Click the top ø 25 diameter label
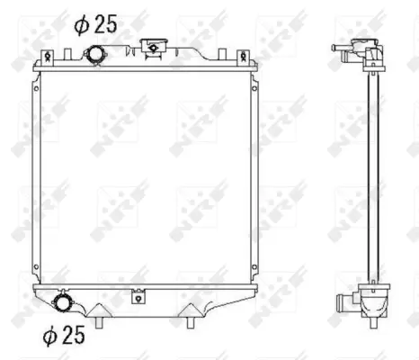click(95, 25)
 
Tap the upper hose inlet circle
click(95, 56)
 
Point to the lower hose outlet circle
click(65, 302)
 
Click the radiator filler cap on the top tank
click(154, 45)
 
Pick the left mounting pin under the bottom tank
click(102, 319)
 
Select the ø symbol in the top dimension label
click(81, 25)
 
